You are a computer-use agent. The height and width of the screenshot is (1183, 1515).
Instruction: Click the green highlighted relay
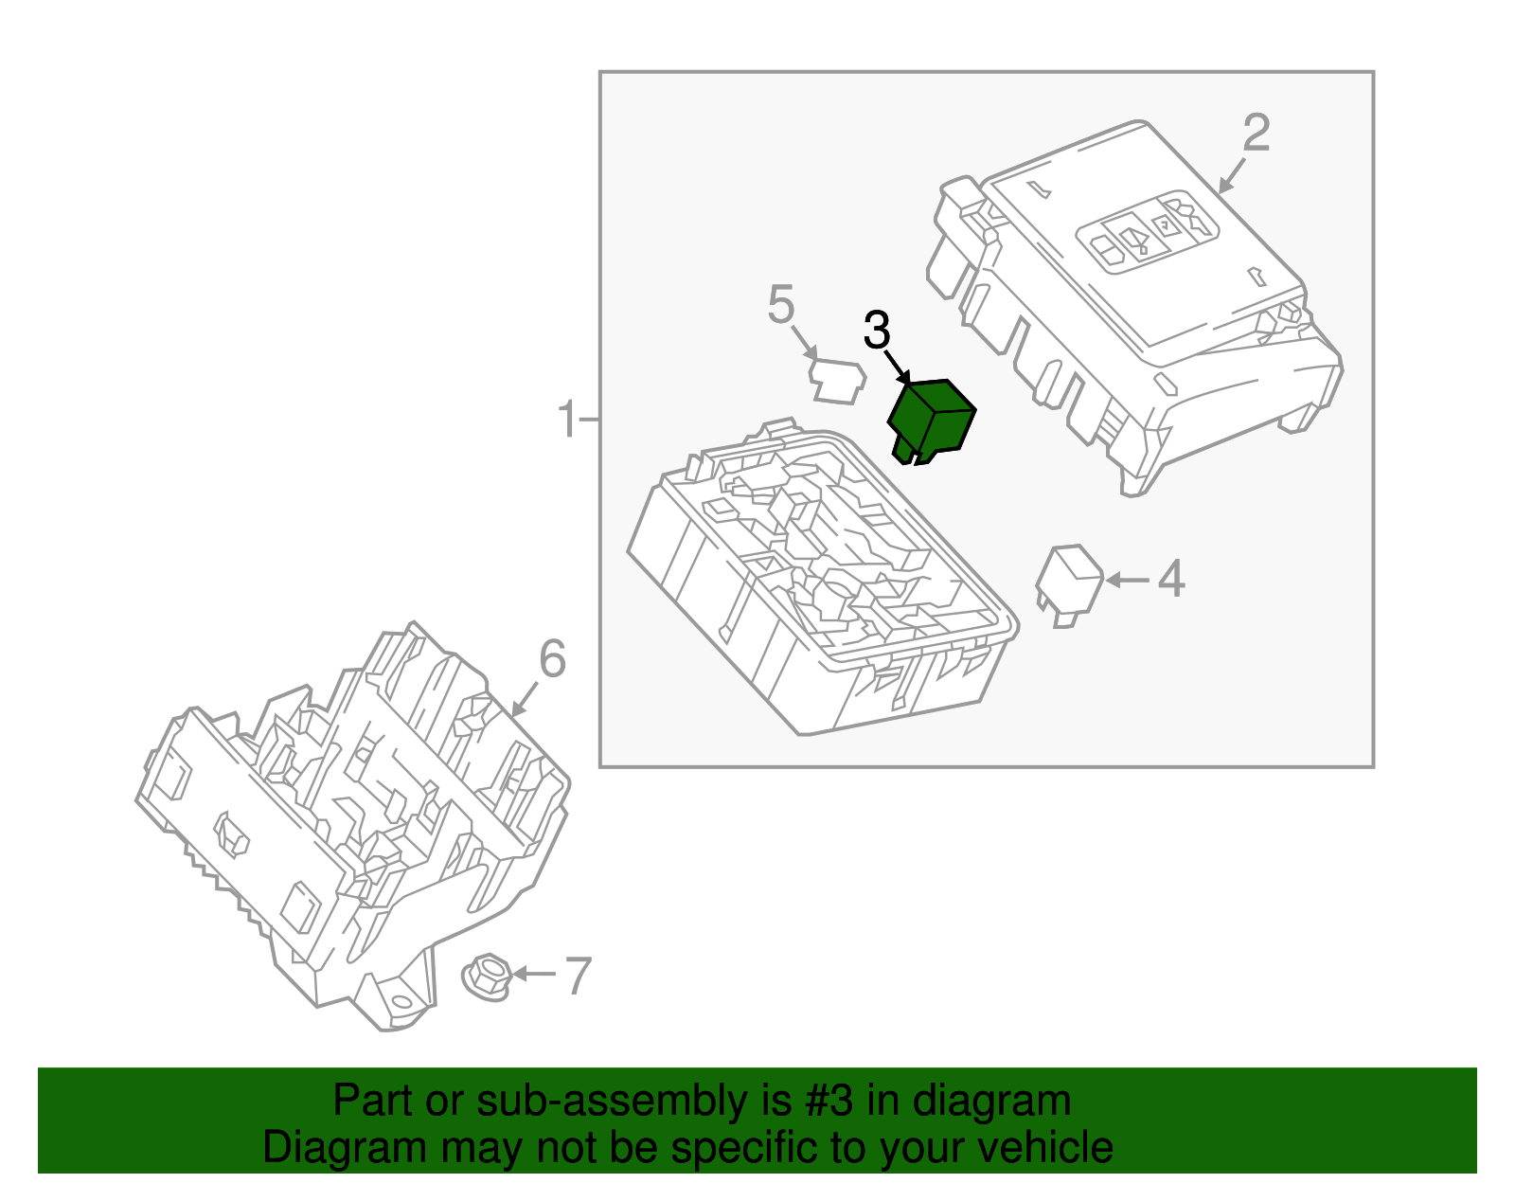click(932, 421)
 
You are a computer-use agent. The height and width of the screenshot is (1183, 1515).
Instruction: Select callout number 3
click(877, 330)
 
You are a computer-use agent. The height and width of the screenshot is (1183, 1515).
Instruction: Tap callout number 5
click(781, 304)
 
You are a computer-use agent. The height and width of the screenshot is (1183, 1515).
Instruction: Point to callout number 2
click(1257, 133)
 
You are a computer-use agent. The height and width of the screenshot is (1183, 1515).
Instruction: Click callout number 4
click(1171, 579)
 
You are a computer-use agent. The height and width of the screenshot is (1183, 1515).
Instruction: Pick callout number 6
click(552, 658)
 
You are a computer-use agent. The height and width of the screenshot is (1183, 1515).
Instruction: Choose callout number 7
click(578, 976)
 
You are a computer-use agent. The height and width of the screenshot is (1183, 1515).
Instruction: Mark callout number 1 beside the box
click(568, 419)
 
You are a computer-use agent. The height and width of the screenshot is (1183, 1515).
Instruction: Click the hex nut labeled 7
click(487, 977)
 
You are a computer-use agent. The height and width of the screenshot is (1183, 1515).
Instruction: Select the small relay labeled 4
click(1069, 585)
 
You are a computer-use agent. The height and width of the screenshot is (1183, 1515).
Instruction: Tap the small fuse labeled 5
click(837, 382)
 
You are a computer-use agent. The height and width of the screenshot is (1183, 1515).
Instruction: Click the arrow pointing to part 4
click(1127, 580)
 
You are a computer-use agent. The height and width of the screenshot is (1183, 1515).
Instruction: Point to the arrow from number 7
click(534, 973)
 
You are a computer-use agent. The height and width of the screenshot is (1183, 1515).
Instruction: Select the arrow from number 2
click(1232, 175)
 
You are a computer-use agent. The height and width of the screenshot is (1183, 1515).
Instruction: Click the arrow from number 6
click(525, 699)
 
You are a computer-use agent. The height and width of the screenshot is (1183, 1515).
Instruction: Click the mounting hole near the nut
click(401, 1002)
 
